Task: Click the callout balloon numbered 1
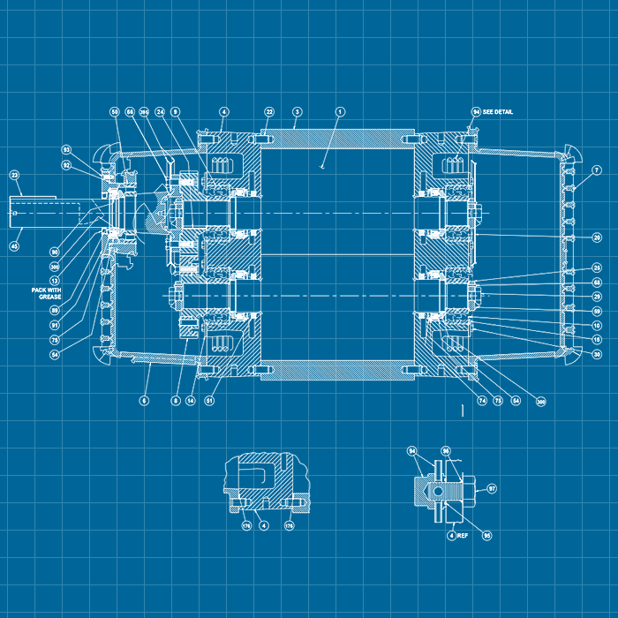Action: point(340,112)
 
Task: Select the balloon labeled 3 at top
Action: point(298,112)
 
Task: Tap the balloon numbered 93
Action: point(66,149)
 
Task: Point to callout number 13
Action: point(55,280)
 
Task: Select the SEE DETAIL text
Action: point(497,112)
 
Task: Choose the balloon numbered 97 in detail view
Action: point(492,487)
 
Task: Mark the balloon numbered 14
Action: point(190,400)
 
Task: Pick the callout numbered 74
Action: point(482,400)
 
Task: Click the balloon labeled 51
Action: point(209,400)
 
